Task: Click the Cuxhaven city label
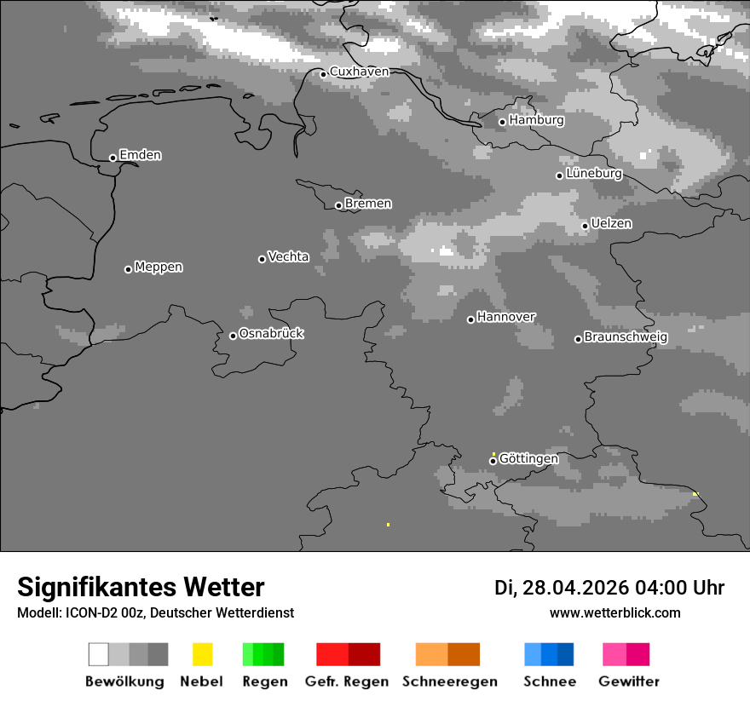coord(359,72)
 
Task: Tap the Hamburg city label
coord(536,120)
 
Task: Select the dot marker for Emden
coord(112,158)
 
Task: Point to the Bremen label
coord(368,204)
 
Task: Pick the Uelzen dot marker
coord(585,226)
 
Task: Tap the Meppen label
coord(159,267)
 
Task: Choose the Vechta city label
coord(288,256)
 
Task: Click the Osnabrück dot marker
coord(233,336)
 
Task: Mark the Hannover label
coord(505,317)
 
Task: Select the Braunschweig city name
coord(626,336)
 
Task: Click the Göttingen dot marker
coord(493,461)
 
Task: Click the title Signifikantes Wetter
coord(141,587)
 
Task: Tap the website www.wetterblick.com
coord(614,612)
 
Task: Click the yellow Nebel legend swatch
coord(202,654)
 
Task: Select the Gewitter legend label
coord(628,681)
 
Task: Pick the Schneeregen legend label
coord(450,681)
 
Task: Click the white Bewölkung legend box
coord(99,654)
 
